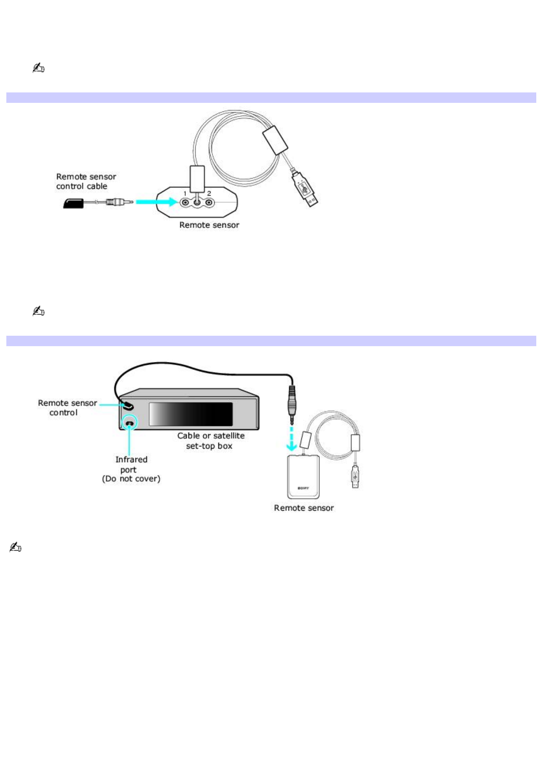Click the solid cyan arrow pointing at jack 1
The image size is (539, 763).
tap(157, 202)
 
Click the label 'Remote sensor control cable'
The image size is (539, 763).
tap(86, 182)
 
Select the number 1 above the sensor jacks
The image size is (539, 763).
tap(185, 193)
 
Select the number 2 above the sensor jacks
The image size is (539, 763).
tap(209, 193)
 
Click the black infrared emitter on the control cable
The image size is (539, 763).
tap(73, 203)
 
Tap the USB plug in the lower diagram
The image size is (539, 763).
tap(355, 476)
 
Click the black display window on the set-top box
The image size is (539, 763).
tap(191, 414)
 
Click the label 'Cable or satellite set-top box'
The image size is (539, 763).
tap(211, 441)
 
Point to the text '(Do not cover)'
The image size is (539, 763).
tap(131, 479)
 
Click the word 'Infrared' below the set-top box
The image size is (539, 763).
tap(131, 459)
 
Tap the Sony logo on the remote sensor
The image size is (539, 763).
tap(303, 488)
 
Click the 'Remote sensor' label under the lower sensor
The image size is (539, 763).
tap(304, 508)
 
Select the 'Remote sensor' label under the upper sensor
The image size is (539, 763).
tap(209, 225)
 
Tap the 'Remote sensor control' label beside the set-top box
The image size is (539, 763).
tap(67, 408)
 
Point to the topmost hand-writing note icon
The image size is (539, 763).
tap(38, 68)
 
